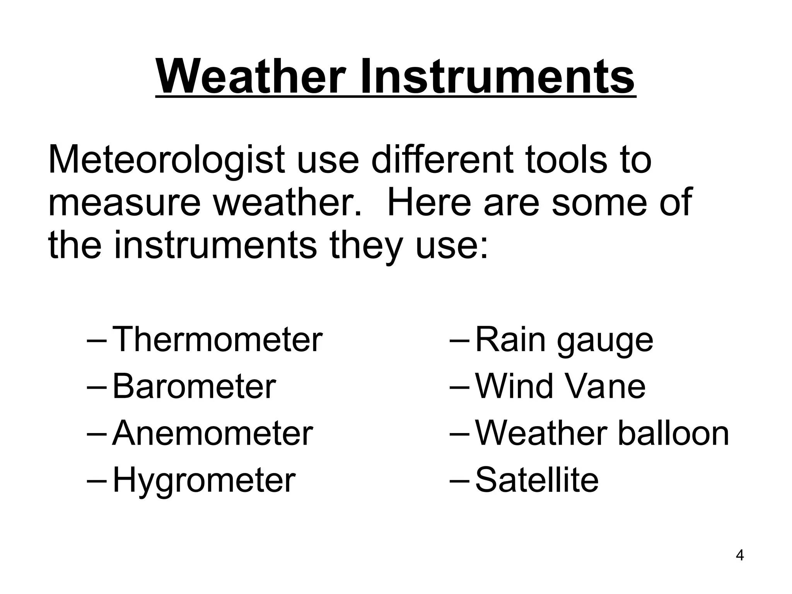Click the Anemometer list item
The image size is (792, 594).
(212, 433)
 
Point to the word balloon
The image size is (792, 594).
(673, 433)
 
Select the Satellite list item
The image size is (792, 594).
(536, 480)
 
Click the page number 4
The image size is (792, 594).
(740, 566)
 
